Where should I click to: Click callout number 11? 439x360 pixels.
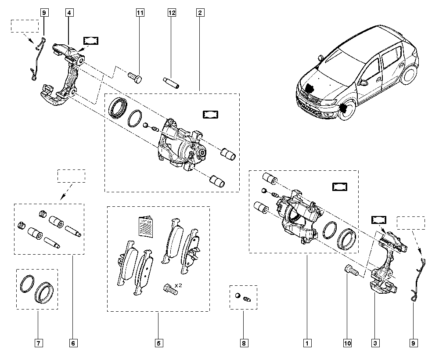pyautogui.click(x=140, y=13)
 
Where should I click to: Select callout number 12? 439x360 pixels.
pyautogui.click(x=172, y=13)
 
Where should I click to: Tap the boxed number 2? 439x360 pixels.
pyautogui.click(x=200, y=13)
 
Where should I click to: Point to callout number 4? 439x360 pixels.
pyautogui.click(x=69, y=13)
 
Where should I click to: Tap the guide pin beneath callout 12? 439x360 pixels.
pyautogui.click(x=170, y=82)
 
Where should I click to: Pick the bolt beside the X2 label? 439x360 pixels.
pyautogui.click(x=167, y=288)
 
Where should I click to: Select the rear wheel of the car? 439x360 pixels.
pyautogui.click(x=409, y=76)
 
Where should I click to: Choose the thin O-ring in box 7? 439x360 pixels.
pyautogui.click(x=27, y=284)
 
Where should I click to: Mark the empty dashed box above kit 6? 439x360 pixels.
pyautogui.click(x=72, y=176)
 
